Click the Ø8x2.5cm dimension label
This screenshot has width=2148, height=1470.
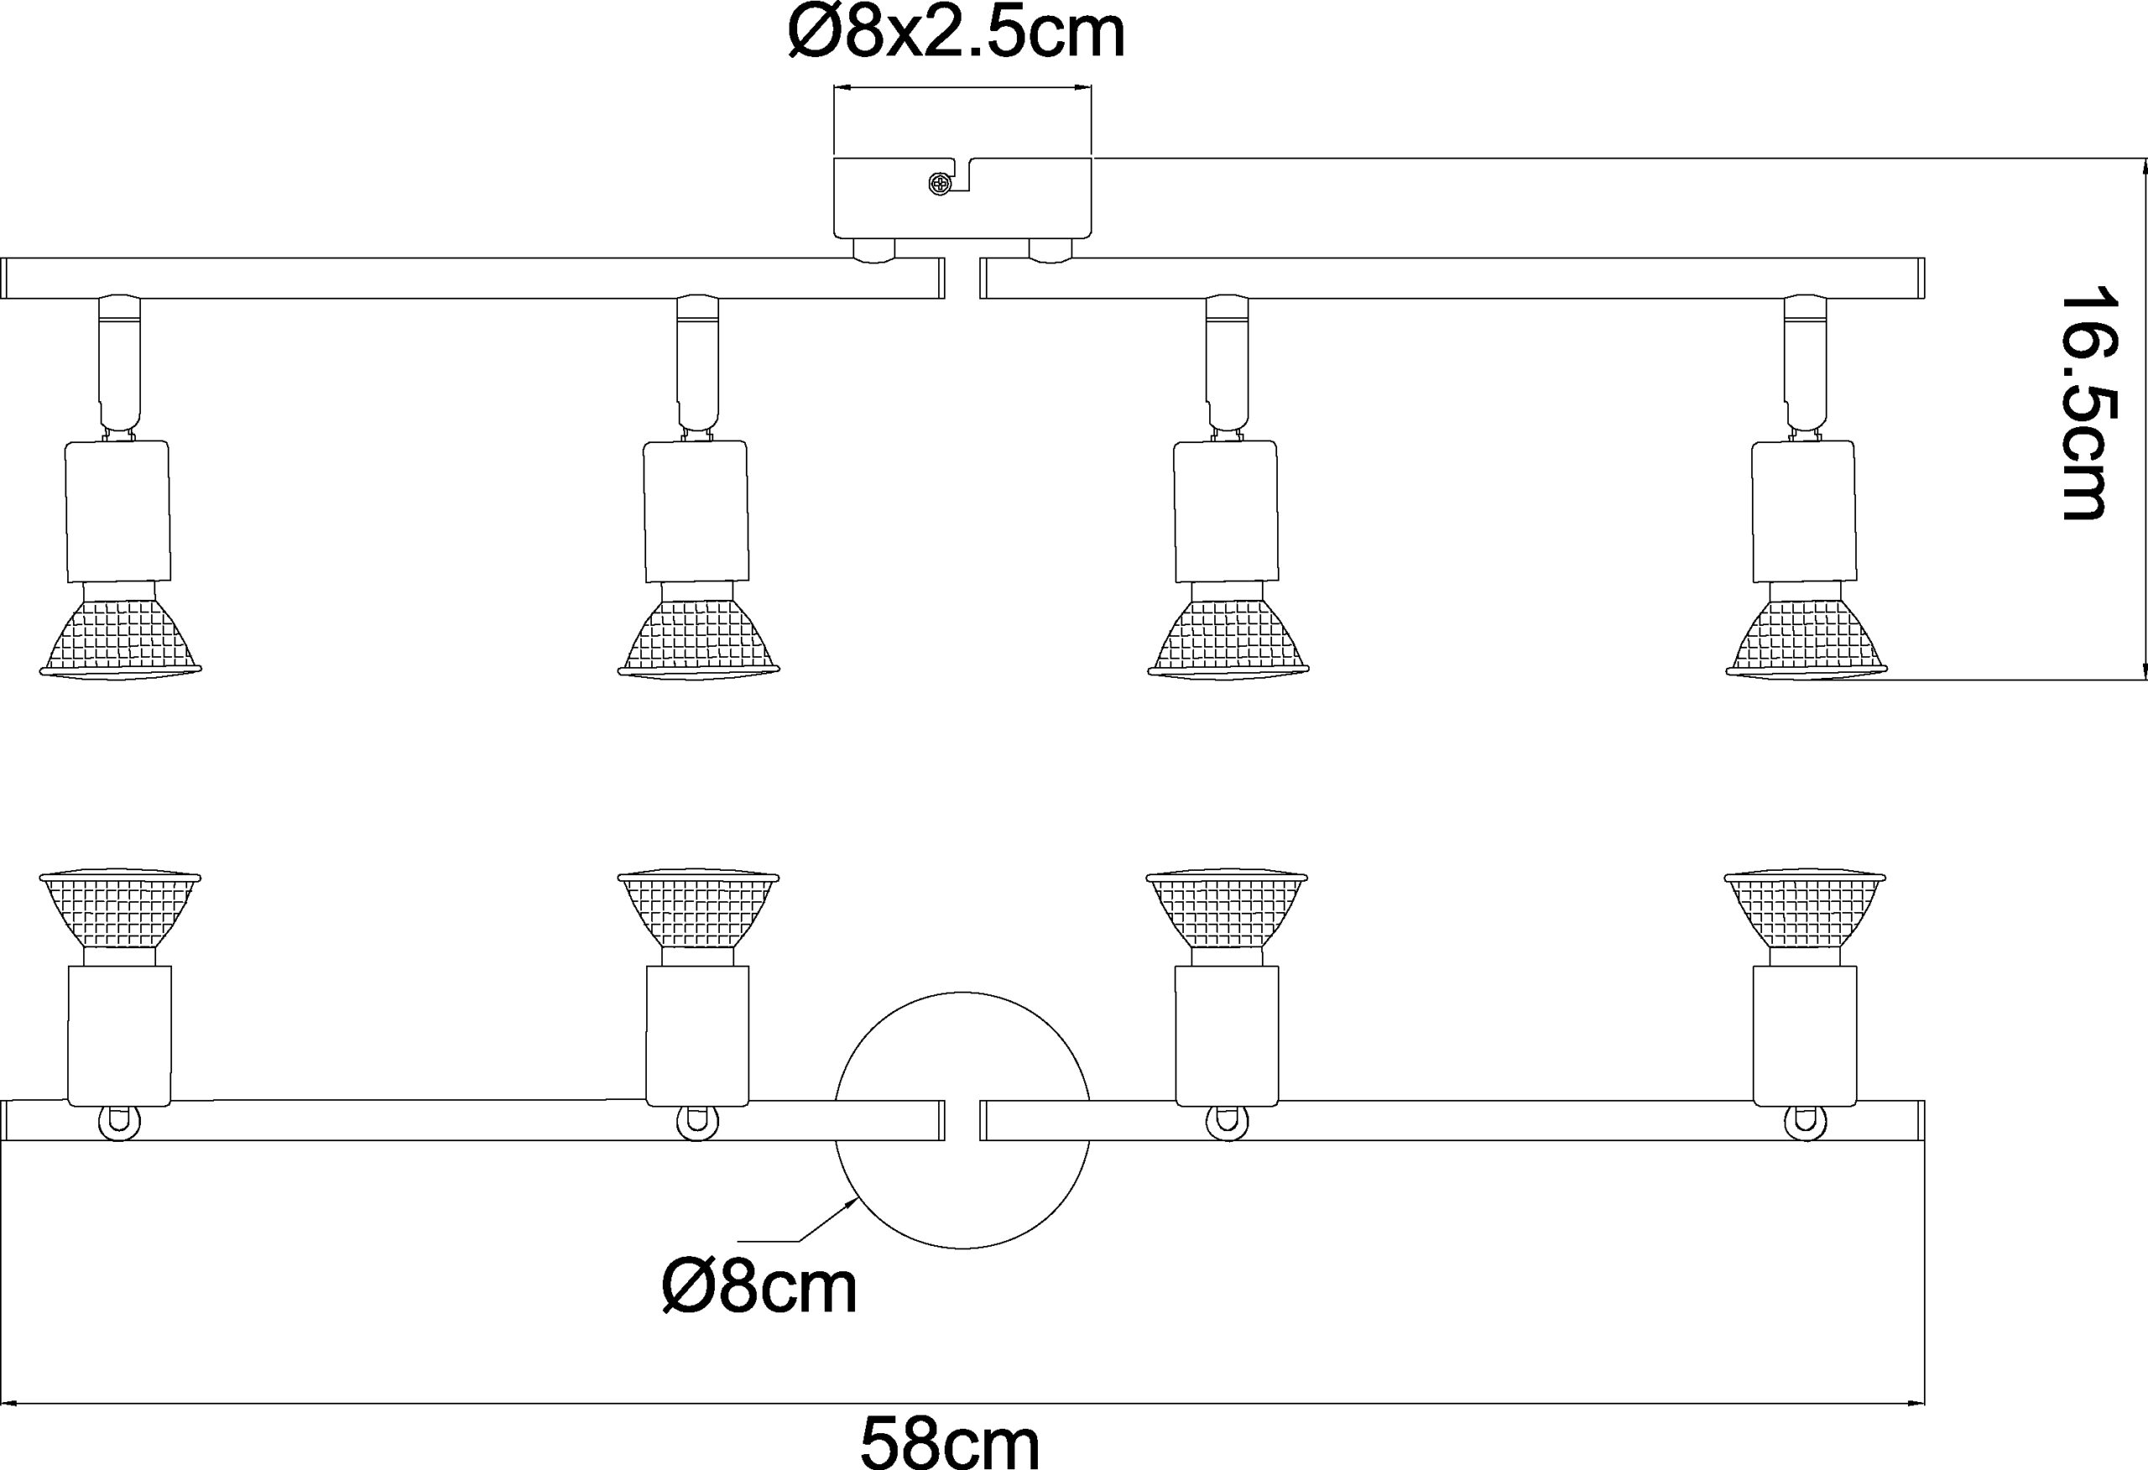pos(956,34)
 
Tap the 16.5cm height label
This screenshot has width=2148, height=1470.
pos(2086,403)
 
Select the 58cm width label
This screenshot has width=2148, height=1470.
pos(949,1440)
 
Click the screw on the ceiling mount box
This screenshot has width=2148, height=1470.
pos(939,185)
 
